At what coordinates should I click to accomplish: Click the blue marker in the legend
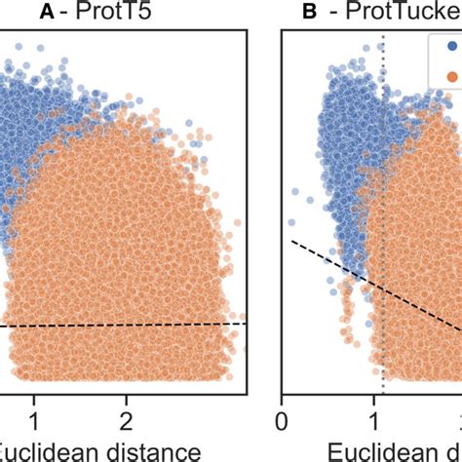coord(451,45)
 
